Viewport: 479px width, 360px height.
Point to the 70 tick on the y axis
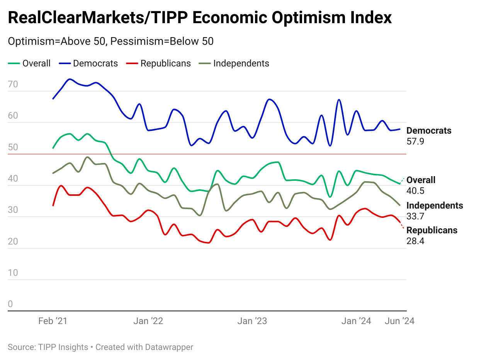pyautogui.click(x=13, y=84)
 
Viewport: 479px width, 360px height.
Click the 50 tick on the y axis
pyautogui.click(x=13, y=147)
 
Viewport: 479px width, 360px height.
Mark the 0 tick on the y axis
pyautogui.click(x=10, y=304)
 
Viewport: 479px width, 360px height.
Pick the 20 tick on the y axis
pyautogui.click(x=13, y=241)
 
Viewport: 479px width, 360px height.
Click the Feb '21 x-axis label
pyautogui.click(x=53, y=321)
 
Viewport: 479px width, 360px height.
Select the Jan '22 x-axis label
pyautogui.click(x=148, y=321)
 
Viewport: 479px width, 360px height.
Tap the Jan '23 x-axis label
pyautogui.click(x=252, y=321)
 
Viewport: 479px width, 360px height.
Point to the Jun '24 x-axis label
pyautogui.click(x=399, y=321)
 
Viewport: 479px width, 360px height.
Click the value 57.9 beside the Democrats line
pyautogui.click(x=416, y=141)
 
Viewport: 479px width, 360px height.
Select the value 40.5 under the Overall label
pyautogui.click(x=416, y=191)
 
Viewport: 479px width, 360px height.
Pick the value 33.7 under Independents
pyautogui.click(x=416, y=216)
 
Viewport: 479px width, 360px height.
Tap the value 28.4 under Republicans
pyautogui.click(x=416, y=241)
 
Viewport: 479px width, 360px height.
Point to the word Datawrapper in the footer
pyautogui.click(x=169, y=347)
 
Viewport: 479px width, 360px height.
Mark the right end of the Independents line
pyautogui.click(x=400, y=205)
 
